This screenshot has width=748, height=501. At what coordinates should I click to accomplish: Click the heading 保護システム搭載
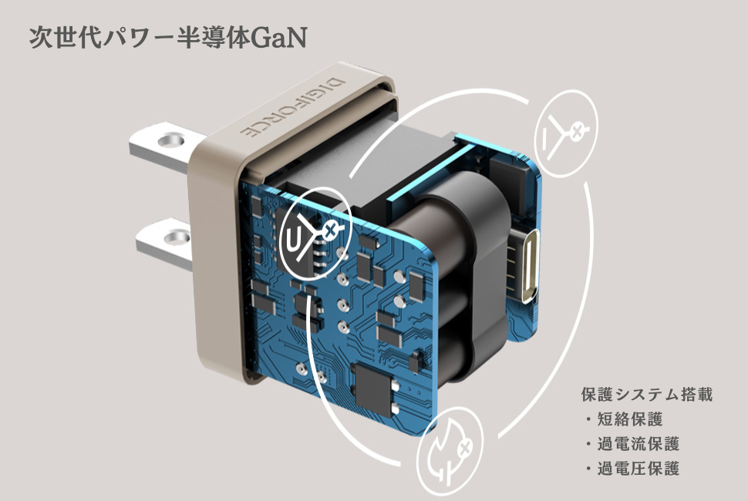coord(645,395)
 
